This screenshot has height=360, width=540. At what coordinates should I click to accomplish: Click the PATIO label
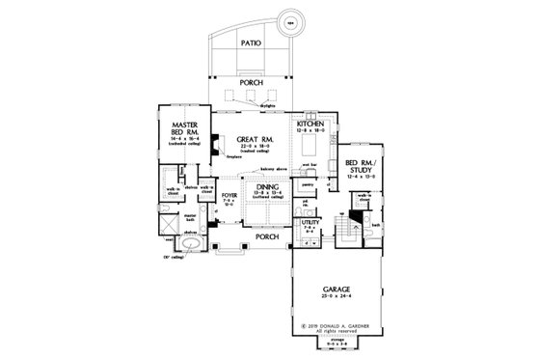[x=252, y=43]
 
